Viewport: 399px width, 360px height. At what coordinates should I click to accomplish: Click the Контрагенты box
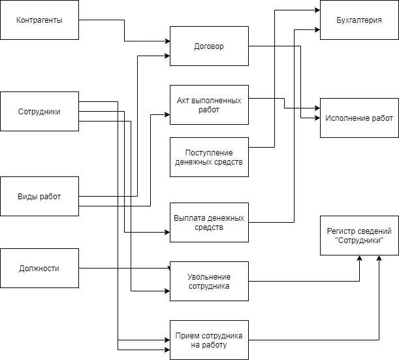(x=39, y=20)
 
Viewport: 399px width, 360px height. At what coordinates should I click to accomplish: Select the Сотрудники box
(x=39, y=111)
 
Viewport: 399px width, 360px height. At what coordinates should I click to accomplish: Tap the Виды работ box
(x=39, y=196)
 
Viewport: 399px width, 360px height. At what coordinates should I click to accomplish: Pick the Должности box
(x=39, y=268)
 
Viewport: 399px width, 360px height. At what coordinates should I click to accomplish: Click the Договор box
(x=209, y=46)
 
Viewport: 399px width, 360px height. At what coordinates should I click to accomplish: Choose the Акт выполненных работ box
(x=209, y=105)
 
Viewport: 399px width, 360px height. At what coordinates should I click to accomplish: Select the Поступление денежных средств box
(x=209, y=157)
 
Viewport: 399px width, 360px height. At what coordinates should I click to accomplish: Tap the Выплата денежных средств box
(x=209, y=222)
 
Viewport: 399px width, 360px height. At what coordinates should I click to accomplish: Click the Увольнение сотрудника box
(x=209, y=281)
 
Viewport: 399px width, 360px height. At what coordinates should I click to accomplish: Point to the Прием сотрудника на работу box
(x=209, y=340)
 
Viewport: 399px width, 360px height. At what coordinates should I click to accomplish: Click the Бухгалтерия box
(x=359, y=20)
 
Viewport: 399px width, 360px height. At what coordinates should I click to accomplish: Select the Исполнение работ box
(x=359, y=118)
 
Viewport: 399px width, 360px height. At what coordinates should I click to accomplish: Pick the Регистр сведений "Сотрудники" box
(x=359, y=235)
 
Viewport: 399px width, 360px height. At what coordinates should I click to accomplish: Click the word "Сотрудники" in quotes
(x=359, y=240)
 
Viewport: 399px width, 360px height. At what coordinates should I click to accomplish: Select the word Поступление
(x=209, y=153)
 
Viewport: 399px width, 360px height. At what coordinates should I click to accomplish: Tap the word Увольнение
(x=209, y=276)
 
